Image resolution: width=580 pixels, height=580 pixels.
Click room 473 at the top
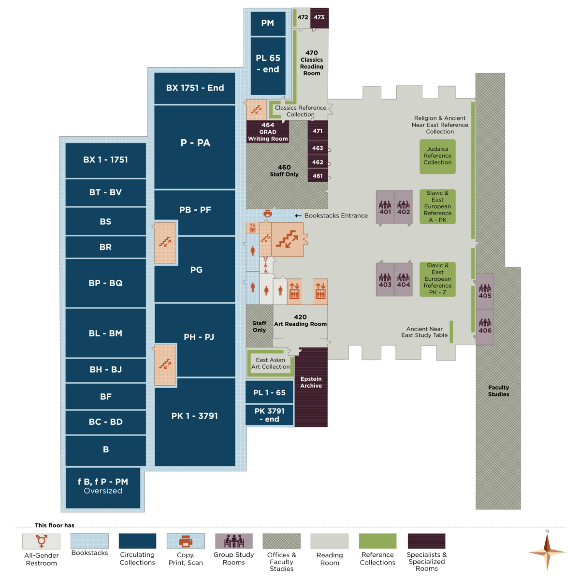tap(319, 17)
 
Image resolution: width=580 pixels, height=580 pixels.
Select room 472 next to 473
tap(303, 17)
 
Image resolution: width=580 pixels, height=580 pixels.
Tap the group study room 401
tap(385, 208)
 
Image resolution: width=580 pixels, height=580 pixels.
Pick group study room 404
tap(404, 280)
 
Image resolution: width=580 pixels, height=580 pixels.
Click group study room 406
tap(485, 327)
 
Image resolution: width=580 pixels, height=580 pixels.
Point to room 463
tap(318, 148)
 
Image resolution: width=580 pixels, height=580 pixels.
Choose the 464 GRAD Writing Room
tap(268, 131)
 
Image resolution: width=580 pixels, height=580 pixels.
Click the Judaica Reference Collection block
tap(437, 156)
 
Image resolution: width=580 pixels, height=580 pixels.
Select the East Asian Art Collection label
tap(271, 363)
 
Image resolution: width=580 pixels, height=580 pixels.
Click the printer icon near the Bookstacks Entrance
tap(268, 213)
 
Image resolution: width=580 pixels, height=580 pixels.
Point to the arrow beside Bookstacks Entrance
tap(298, 216)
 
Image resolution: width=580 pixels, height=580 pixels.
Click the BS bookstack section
tap(105, 221)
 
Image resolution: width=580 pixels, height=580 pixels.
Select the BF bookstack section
tap(105, 396)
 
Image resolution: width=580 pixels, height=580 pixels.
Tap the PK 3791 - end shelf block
tap(269, 415)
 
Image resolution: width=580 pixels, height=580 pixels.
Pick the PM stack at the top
tap(267, 23)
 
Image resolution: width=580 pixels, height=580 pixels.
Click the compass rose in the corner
tap(547, 551)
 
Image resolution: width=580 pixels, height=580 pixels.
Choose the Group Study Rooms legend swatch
tap(234, 541)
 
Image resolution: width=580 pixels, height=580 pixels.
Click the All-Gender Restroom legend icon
tap(42, 541)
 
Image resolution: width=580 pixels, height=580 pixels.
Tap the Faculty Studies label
tap(498, 391)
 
